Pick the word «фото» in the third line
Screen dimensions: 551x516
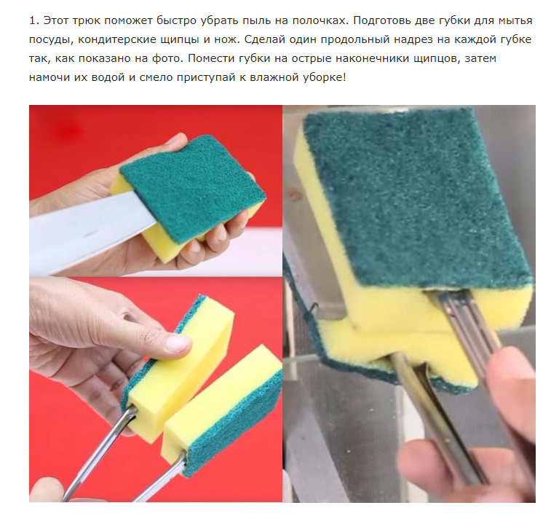[166, 58]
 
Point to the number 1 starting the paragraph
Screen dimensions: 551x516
[33, 20]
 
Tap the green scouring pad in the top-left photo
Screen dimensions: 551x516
[193, 188]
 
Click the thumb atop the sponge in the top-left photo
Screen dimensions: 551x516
[175, 141]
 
